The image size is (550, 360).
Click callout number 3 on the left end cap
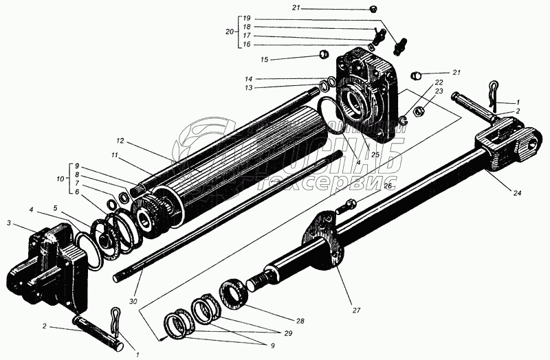pos(9,223)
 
